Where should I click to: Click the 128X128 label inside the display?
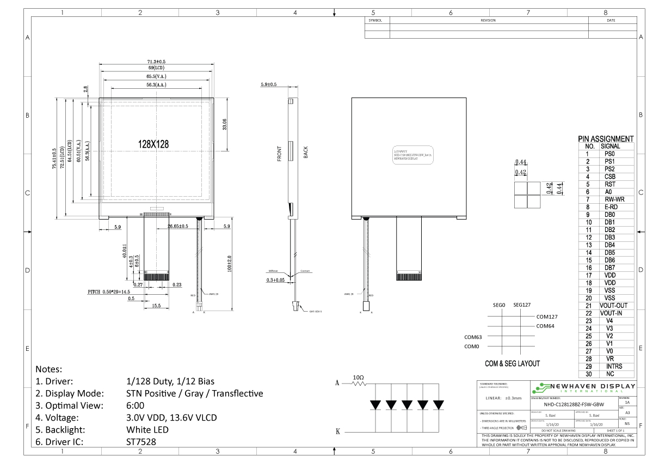click(153, 144)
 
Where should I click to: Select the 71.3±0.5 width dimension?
click(156, 62)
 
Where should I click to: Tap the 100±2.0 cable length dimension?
click(229, 264)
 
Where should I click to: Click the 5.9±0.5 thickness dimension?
click(268, 84)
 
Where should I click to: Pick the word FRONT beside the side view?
click(279, 153)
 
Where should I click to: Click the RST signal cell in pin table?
click(610, 184)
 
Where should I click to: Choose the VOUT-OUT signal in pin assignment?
click(613, 306)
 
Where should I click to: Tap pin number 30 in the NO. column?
click(588, 374)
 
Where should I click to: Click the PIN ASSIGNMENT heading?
click(606, 139)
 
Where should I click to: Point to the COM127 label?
click(547, 316)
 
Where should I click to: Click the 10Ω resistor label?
click(359, 377)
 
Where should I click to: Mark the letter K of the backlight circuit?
click(337, 431)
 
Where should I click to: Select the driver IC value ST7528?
click(141, 442)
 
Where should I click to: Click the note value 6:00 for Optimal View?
click(134, 405)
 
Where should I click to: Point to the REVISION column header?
click(488, 20)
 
